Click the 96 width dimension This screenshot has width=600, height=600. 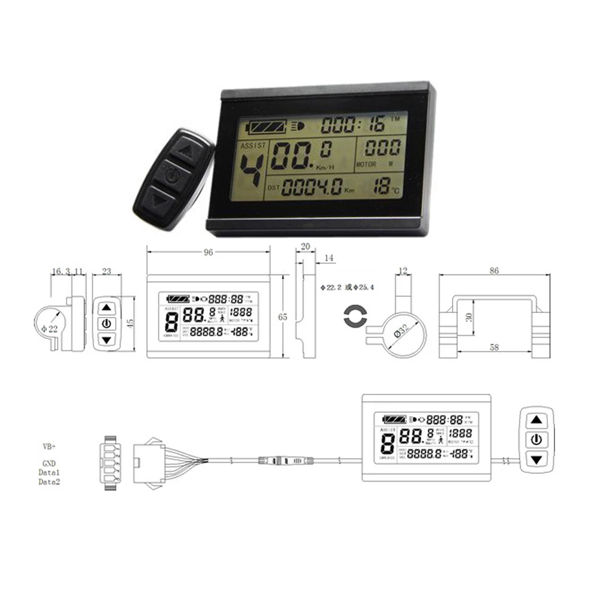[x=208, y=252]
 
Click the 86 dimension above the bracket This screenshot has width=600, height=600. [x=494, y=271]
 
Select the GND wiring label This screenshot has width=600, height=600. [x=49, y=464]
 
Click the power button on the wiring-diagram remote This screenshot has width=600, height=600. [x=536, y=439]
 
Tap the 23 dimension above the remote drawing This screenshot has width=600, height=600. [x=107, y=271]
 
